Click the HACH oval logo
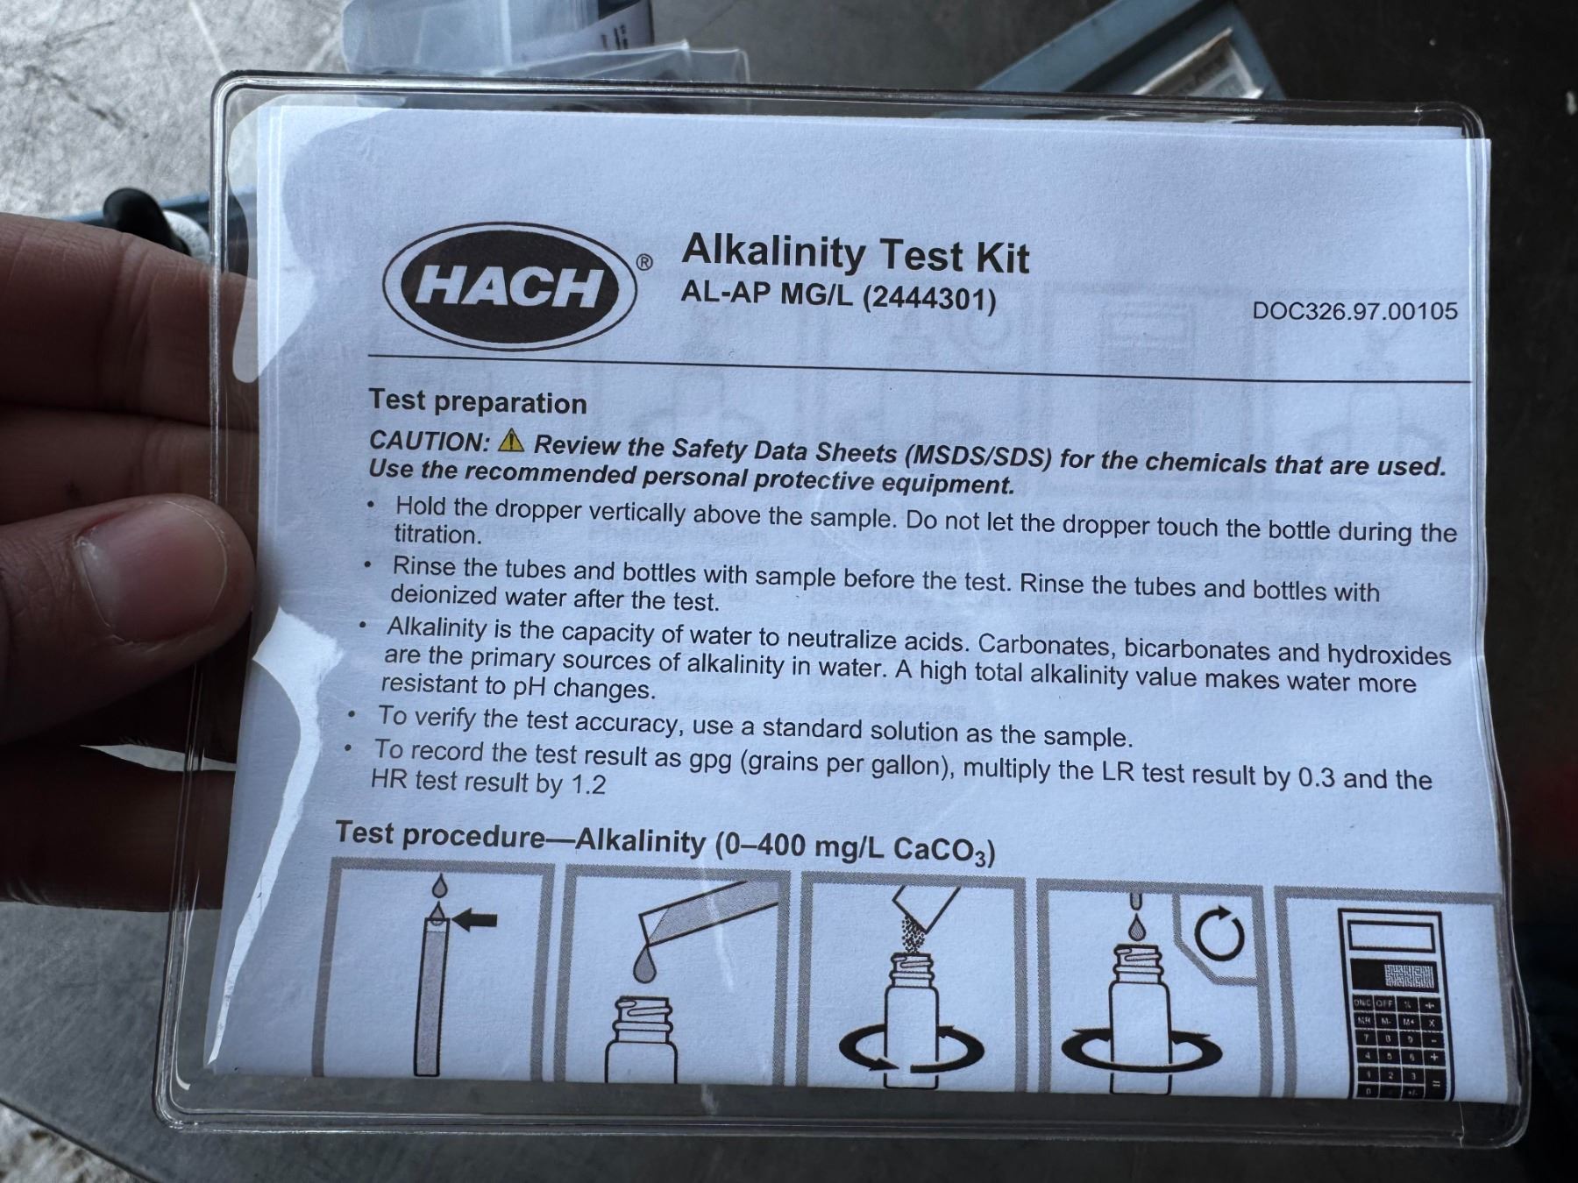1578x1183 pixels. [509, 287]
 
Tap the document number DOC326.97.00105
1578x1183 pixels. [1354, 311]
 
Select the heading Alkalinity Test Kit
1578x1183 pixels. [856, 254]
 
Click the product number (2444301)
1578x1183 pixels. [930, 300]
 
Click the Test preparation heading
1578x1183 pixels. [478, 401]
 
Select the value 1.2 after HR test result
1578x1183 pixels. [588, 783]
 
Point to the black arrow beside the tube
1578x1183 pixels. [477, 919]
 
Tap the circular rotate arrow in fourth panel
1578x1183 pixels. [1219, 936]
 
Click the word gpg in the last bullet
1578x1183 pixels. [710, 761]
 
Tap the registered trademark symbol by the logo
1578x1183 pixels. [644, 262]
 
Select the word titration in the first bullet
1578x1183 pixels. [437, 534]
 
